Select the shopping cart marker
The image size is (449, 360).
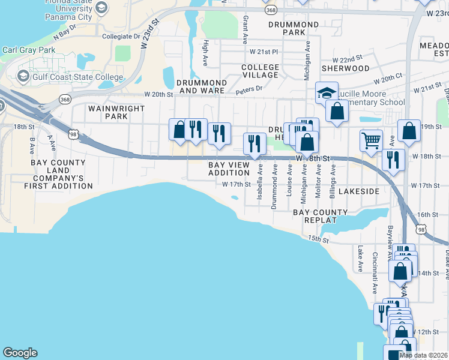(x=372, y=140)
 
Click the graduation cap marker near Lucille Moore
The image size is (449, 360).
(x=327, y=93)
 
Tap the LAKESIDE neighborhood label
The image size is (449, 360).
(x=358, y=191)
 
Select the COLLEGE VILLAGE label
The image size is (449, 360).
(x=260, y=71)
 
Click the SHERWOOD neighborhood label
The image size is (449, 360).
(x=345, y=68)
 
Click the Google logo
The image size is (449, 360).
(x=20, y=353)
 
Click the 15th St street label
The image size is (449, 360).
(x=319, y=239)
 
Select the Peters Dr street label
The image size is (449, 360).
(x=249, y=89)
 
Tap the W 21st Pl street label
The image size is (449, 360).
(x=265, y=53)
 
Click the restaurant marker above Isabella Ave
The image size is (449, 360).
(x=255, y=143)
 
